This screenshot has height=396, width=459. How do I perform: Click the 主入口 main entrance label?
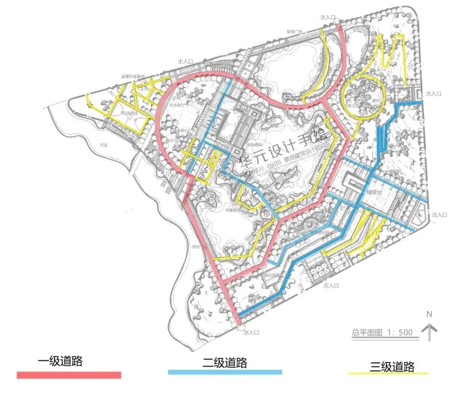(x=185, y=62)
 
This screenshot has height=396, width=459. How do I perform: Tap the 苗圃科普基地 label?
(x=132, y=76)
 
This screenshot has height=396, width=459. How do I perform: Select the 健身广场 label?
(x=295, y=33)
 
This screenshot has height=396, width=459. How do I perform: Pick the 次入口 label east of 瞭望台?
(x=438, y=215)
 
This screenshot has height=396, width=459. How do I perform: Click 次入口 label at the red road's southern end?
(x=251, y=331)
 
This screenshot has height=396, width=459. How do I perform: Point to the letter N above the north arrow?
(x=429, y=314)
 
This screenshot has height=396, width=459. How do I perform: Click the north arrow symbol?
(x=430, y=331)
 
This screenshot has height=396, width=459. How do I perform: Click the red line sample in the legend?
(x=69, y=375)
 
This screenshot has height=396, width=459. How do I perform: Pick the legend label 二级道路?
(x=225, y=363)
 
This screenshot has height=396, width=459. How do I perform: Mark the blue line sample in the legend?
(x=225, y=372)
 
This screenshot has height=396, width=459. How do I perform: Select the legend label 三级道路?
(x=392, y=367)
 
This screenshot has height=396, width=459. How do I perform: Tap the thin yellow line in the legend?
(x=387, y=374)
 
